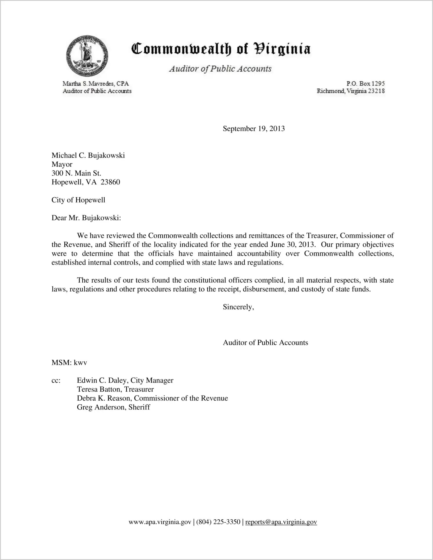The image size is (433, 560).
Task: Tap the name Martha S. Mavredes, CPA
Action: [x=96, y=84]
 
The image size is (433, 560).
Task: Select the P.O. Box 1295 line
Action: [x=365, y=84]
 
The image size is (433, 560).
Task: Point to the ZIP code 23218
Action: [x=376, y=91]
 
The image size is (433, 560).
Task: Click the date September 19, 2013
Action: [x=254, y=129]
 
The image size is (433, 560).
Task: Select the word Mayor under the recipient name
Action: [x=62, y=164]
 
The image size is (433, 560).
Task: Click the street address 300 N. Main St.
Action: [x=76, y=173]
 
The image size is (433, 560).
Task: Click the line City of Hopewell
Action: [x=78, y=200]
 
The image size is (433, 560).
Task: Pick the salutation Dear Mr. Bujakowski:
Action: [x=86, y=218]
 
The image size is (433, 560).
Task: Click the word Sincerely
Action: [x=238, y=307]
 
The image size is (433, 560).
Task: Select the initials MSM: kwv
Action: [x=69, y=363]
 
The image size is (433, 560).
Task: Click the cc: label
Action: [x=56, y=380]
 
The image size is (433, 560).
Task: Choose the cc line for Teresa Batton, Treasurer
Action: [x=115, y=389]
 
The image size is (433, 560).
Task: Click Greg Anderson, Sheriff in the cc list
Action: [x=113, y=407]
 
